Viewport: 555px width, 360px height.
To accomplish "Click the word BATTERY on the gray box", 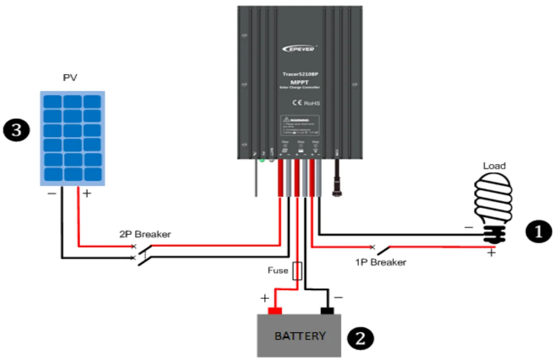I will [x=300, y=336].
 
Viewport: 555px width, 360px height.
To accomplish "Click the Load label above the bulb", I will [x=494, y=166].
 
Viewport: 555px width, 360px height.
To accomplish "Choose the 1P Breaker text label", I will [x=380, y=262].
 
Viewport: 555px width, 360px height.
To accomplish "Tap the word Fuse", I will [x=278, y=270].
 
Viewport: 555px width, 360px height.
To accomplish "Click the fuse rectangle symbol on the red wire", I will [x=297, y=271].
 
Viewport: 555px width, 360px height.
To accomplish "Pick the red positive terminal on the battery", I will [x=275, y=311].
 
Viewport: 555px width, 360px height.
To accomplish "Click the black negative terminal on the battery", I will [x=327, y=311].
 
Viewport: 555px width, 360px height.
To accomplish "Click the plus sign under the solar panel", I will [x=86, y=193].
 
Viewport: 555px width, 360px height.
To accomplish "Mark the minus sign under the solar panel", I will [x=52, y=193].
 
